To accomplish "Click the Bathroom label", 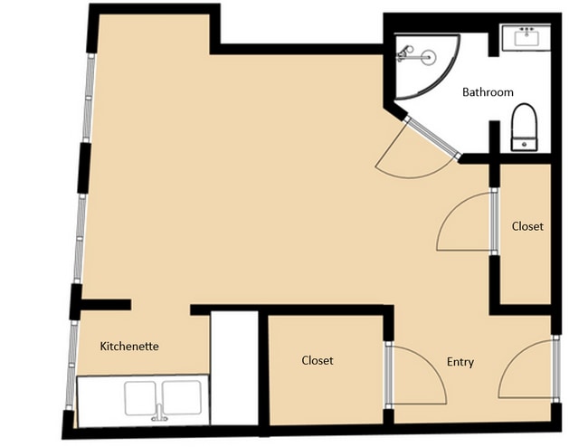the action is [x=488, y=92].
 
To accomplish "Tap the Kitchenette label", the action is [x=129, y=347].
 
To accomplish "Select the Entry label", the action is [x=460, y=362].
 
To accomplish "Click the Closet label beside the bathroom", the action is [x=527, y=226].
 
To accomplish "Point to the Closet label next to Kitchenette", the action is [x=318, y=360].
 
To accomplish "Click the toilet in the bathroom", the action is [x=525, y=127].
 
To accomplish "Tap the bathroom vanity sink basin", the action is [x=526, y=39].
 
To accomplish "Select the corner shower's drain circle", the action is [x=428, y=57].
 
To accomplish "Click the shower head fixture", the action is [x=404, y=53].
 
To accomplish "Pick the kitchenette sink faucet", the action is [x=159, y=413].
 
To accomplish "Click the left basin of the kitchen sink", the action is [x=140, y=398].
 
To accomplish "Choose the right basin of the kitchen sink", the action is [x=182, y=397].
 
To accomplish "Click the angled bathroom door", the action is [x=432, y=138].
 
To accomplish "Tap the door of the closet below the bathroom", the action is [x=494, y=223].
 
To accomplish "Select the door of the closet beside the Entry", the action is [x=388, y=375].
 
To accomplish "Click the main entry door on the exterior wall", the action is [x=556, y=369].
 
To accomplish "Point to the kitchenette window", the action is [x=71, y=365].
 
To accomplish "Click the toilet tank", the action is [x=525, y=144].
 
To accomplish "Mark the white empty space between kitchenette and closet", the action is [x=234, y=368].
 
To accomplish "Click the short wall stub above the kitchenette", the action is [x=106, y=305].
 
